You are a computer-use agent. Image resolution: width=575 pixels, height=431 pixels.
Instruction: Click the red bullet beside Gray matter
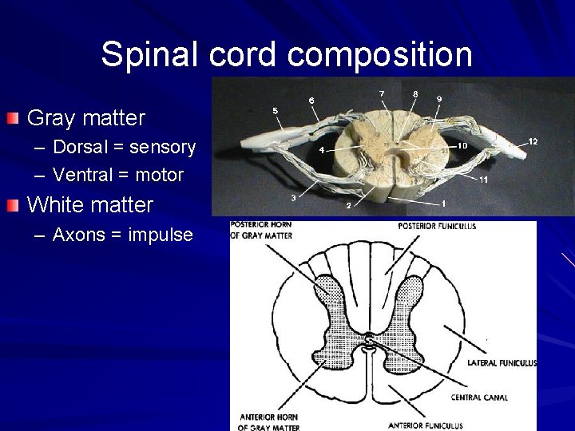[x=12, y=119]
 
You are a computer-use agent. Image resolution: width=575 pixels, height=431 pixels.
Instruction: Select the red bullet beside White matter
[x=12, y=205]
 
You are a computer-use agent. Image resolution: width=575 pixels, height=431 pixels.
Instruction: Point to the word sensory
[x=162, y=148]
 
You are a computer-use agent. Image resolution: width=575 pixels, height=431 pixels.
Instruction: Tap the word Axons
[x=77, y=235]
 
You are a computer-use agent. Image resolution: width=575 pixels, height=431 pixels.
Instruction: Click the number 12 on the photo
[x=533, y=141]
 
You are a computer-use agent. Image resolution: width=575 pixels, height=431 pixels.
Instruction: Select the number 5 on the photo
[x=276, y=110]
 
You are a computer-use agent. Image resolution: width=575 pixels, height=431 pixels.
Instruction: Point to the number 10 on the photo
[x=462, y=146]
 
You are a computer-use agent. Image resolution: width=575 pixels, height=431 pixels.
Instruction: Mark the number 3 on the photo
[x=294, y=197]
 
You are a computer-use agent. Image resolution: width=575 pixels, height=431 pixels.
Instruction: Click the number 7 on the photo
[x=382, y=94]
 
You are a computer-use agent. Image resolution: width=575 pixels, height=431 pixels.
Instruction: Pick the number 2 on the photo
[x=348, y=206]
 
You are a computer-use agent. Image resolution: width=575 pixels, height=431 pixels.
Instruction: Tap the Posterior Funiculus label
[x=436, y=226]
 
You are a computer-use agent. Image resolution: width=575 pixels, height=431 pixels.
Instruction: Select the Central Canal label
[x=478, y=397]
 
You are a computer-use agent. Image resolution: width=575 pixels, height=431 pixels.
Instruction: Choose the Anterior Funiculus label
[x=431, y=424]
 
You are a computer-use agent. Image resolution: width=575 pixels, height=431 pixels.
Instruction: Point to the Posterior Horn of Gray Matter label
[x=261, y=229]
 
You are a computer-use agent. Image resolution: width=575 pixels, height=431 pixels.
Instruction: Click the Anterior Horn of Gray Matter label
[x=267, y=422]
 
